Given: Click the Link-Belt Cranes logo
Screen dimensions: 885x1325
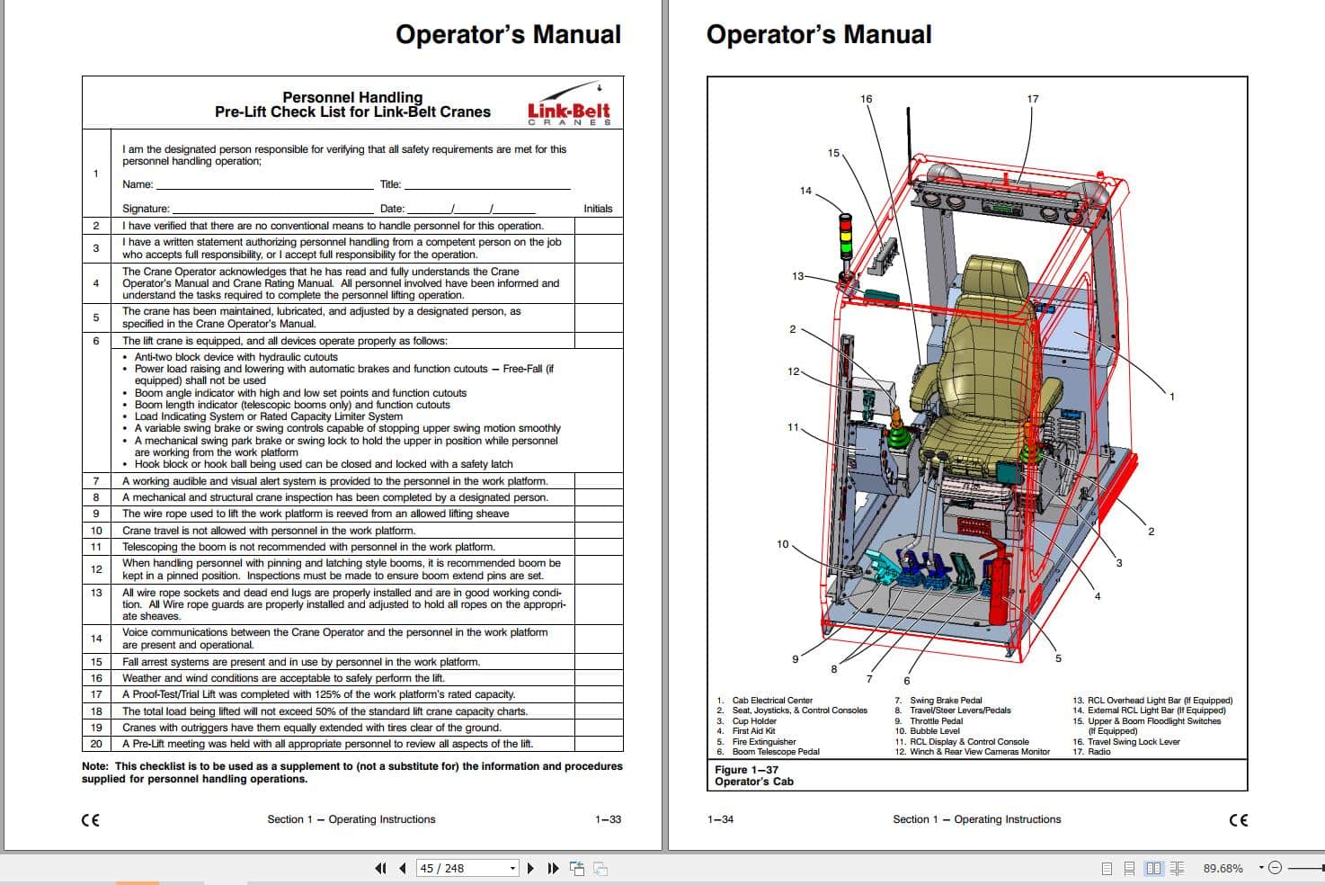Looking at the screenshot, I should [569, 105].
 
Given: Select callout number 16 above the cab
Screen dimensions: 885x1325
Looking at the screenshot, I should [866, 99].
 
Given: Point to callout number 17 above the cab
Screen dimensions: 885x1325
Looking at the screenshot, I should [1033, 99].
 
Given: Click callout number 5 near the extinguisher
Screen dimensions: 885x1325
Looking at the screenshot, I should [1058, 658].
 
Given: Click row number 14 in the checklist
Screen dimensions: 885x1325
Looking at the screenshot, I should [96, 639].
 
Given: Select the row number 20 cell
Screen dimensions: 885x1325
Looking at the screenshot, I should [96, 744].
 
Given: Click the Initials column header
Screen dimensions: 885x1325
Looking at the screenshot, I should [598, 209].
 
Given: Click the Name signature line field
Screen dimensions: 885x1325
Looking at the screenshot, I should [264, 184].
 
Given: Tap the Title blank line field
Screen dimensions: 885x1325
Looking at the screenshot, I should [486, 184].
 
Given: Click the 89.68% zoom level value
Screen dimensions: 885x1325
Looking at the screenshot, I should [1223, 868].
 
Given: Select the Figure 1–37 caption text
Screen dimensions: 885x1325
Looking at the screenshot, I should [747, 770].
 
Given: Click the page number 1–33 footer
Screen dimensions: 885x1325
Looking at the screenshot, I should [608, 819].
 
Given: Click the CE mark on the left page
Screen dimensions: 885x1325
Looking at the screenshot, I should [91, 820].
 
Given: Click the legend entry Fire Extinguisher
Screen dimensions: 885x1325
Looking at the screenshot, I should [763, 742].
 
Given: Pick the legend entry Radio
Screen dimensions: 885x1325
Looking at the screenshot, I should [1098, 752].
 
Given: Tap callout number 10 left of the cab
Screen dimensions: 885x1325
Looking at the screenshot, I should [782, 544].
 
